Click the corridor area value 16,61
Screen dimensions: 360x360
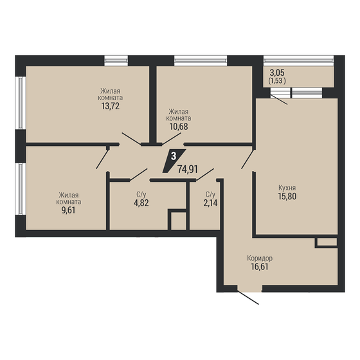[261, 267]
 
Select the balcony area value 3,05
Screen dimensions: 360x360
[278, 74]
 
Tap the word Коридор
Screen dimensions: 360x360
[261, 258]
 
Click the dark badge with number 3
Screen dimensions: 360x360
[174, 156]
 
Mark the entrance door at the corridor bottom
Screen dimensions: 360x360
[248, 298]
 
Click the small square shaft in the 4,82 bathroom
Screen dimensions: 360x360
[178, 220]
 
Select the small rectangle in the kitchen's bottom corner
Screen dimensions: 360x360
[327, 242]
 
